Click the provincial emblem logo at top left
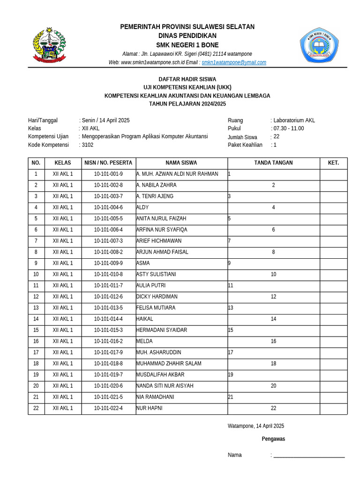49,45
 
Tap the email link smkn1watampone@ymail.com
234,62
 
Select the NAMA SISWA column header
181,163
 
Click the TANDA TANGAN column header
273,163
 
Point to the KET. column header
333,163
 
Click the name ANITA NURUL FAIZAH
161,218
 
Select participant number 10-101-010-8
108,274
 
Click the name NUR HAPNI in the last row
149,408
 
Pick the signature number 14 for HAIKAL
273,319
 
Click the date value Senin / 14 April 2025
105,120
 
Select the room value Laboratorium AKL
294,120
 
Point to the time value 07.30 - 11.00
288,128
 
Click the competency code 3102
88,145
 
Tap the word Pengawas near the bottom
273,439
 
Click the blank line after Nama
309,456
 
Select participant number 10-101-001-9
108,174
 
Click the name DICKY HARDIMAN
157,297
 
